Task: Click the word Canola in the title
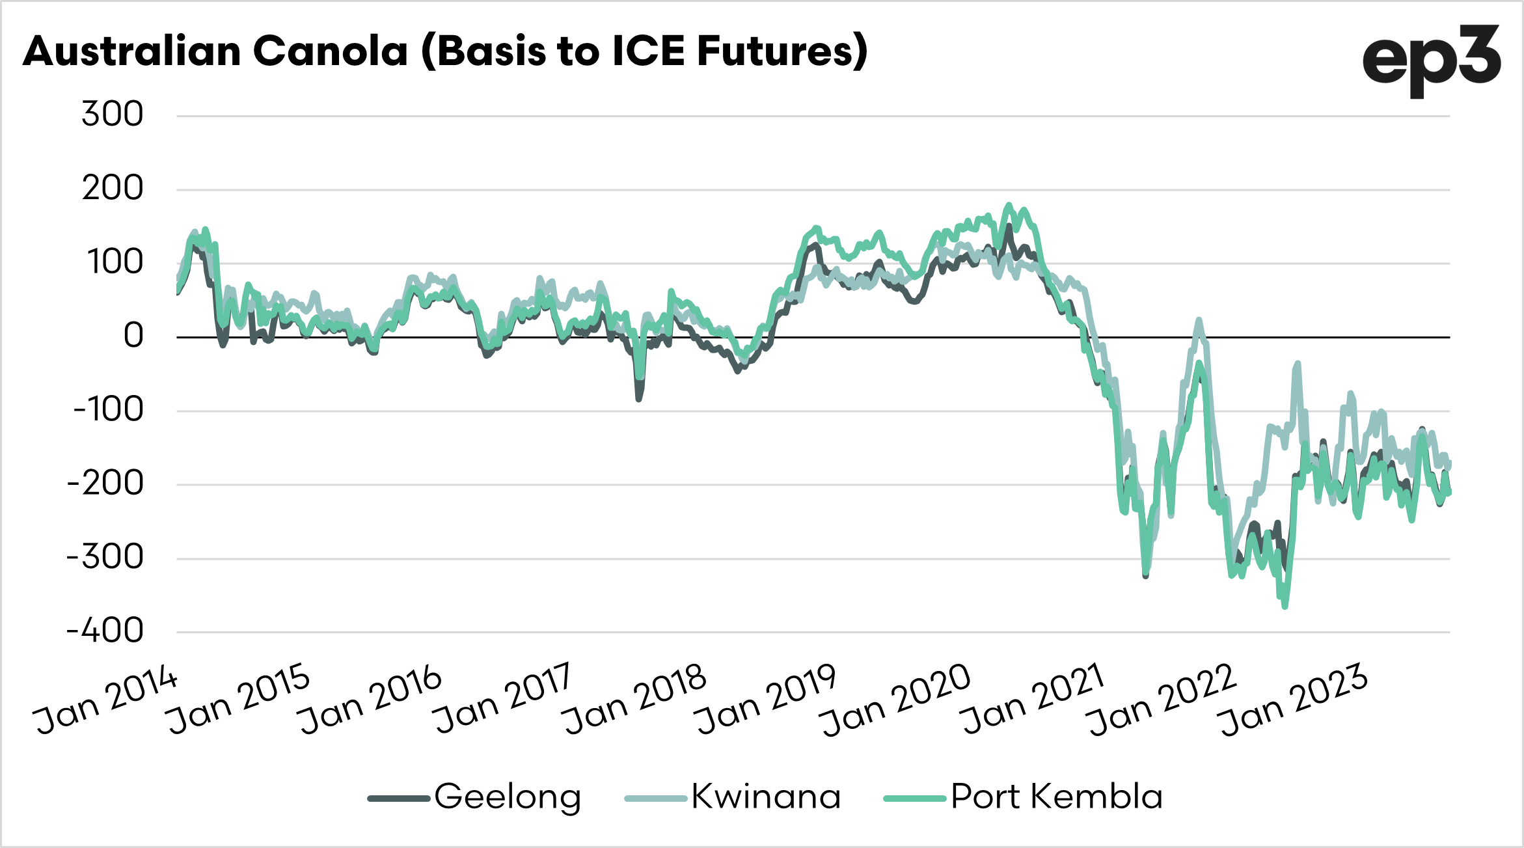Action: click(330, 51)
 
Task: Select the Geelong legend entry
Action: click(475, 797)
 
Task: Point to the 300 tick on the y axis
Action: click(113, 115)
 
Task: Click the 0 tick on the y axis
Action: click(133, 336)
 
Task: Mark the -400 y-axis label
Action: click(105, 631)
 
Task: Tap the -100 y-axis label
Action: click(108, 410)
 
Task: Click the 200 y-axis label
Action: click(113, 189)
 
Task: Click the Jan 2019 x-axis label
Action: click(765, 700)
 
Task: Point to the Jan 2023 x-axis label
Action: click(1294, 700)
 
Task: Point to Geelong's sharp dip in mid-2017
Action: click(638, 399)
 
